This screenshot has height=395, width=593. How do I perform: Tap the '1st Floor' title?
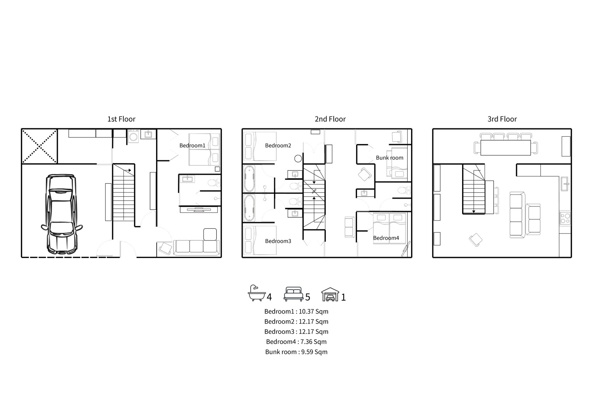121,119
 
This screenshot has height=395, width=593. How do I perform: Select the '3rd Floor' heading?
502,119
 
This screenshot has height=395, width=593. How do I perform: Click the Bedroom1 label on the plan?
192,145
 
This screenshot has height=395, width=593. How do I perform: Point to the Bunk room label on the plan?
389,158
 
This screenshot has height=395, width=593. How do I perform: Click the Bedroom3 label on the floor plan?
278,241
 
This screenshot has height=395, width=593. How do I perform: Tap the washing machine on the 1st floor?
133,136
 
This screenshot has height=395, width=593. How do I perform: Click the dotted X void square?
39,146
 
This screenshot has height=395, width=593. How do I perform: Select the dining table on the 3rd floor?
506,148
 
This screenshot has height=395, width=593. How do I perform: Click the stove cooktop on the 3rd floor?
565,218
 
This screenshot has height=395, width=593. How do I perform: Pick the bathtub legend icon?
257,293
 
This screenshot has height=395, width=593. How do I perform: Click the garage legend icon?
330,294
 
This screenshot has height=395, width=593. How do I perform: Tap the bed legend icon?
293,294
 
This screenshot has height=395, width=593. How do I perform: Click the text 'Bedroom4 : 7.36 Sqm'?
296,342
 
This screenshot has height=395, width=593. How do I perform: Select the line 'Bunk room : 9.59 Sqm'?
296,352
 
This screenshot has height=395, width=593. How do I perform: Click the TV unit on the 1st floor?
198,210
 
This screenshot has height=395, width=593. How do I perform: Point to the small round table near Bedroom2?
298,159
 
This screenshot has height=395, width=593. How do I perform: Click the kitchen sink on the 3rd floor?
564,184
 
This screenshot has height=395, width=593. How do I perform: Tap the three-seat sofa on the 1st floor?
196,247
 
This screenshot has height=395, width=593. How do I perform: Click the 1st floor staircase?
124,193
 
